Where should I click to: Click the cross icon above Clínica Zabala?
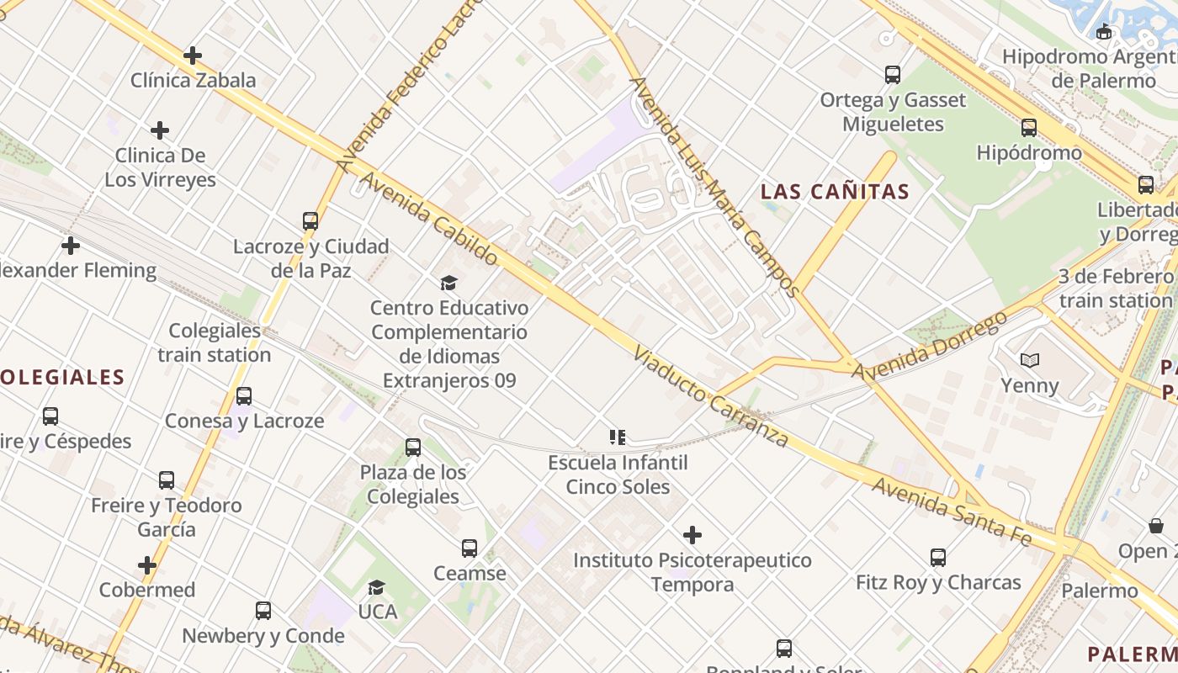pos(193,56)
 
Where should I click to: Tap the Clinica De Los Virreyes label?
pos(160,167)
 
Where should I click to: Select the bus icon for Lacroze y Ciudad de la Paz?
pos(310,221)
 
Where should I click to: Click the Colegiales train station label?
pos(215,342)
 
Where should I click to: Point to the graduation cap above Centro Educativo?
pos(449,283)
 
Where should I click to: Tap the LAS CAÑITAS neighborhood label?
pos(835,192)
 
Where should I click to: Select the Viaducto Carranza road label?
pos(711,397)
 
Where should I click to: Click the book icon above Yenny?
pos(1029,360)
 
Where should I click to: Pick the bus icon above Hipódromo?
pos(1029,128)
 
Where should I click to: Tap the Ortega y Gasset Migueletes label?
pos(893,112)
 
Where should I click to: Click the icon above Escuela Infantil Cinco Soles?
pos(618,437)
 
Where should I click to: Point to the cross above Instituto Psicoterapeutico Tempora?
pos(692,535)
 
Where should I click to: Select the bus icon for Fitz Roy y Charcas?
pos(938,557)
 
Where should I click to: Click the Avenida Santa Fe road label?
pos(951,511)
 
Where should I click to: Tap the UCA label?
pos(378,612)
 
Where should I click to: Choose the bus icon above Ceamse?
pos(470,548)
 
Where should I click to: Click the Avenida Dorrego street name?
pos(929,346)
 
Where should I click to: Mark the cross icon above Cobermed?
pos(147,565)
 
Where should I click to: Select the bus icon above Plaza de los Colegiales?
pos(413,447)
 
